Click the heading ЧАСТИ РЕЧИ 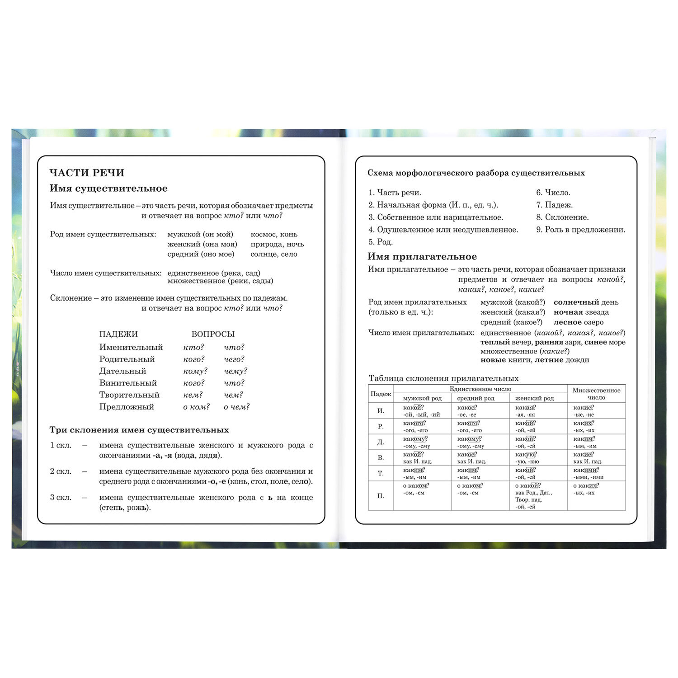tap(87, 173)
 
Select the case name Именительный tap(131, 347)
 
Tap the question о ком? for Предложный tap(196, 407)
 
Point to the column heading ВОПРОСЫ tap(213, 334)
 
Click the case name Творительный tap(129, 395)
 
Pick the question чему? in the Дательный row tap(235, 371)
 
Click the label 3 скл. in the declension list tap(61, 497)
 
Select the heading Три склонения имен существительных tap(139, 430)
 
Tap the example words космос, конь tap(274, 234)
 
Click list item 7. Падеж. tap(554, 205)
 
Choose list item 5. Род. tap(380, 242)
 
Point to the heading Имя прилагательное tap(422, 257)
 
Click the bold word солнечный tap(576, 302)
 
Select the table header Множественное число tap(596, 394)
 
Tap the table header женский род tap(534, 398)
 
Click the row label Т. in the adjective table tap(381, 473)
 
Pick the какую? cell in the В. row tap(525, 455)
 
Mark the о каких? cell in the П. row tap(586, 486)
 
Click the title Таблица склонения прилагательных tap(443, 378)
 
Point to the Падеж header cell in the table tap(381, 394)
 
